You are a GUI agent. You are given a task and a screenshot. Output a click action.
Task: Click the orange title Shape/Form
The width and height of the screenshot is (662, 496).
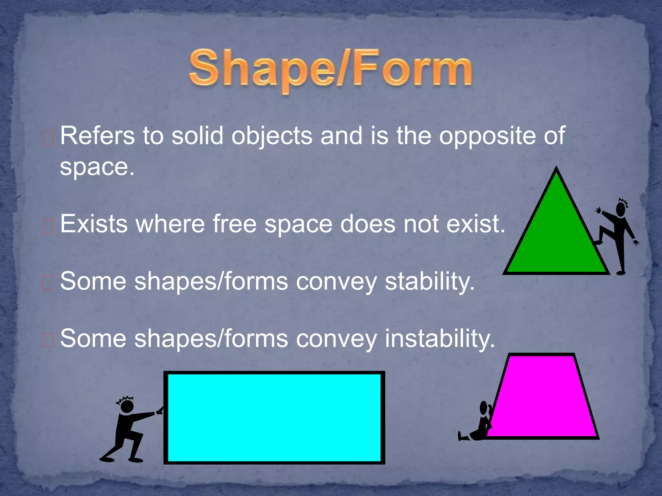point(330,69)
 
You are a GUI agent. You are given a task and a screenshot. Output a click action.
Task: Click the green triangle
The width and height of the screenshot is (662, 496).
point(556,239)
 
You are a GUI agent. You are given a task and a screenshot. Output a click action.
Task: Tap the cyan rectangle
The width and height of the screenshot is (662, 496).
point(274,418)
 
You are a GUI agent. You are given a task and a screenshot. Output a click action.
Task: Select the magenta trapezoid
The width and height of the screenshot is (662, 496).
point(541,397)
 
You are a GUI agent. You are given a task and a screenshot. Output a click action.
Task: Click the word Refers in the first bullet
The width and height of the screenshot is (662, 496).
point(97,136)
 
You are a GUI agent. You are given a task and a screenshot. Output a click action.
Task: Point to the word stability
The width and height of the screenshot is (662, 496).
point(430,282)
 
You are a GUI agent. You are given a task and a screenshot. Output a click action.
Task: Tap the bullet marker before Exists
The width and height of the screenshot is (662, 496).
point(48,226)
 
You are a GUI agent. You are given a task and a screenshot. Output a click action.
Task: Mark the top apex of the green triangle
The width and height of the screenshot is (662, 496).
point(556,168)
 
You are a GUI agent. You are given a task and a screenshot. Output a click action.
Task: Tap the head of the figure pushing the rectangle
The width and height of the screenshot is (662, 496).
point(127,406)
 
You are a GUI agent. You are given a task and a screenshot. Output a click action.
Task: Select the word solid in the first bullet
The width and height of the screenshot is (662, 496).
point(197,136)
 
